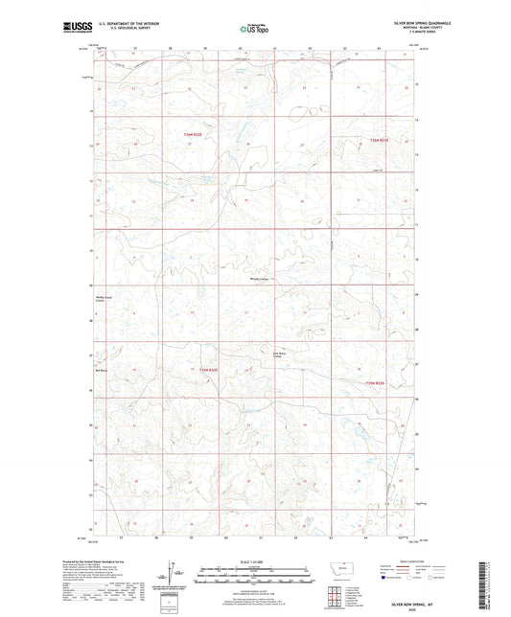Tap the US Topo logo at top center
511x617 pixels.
pos(254,30)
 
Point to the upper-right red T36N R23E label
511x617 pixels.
pos(380,141)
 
